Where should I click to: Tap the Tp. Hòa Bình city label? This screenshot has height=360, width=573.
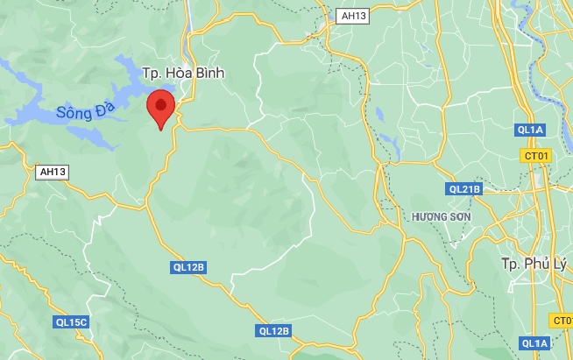click(x=183, y=74)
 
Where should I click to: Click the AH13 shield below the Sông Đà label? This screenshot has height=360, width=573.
click(x=53, y=172)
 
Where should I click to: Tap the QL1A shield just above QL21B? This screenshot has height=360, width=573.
click(x=531, y=131)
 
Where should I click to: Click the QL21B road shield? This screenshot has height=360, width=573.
click(x=464, y=188)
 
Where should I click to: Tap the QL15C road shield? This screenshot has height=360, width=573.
click(x=70, y=322)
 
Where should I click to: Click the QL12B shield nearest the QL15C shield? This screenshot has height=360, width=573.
click(x=187, y=267)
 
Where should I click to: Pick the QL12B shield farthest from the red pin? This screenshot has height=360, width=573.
click(x=274, y=330)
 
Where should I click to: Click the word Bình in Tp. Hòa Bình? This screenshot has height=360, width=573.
click(x=207, y=74)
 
